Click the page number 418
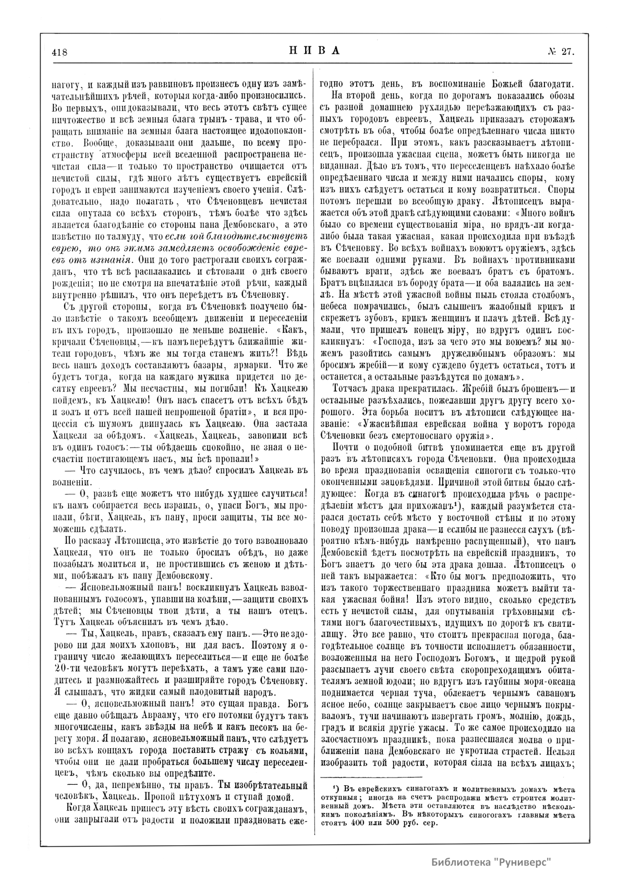tap(60, 52)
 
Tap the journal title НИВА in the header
tap(314, 51)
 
